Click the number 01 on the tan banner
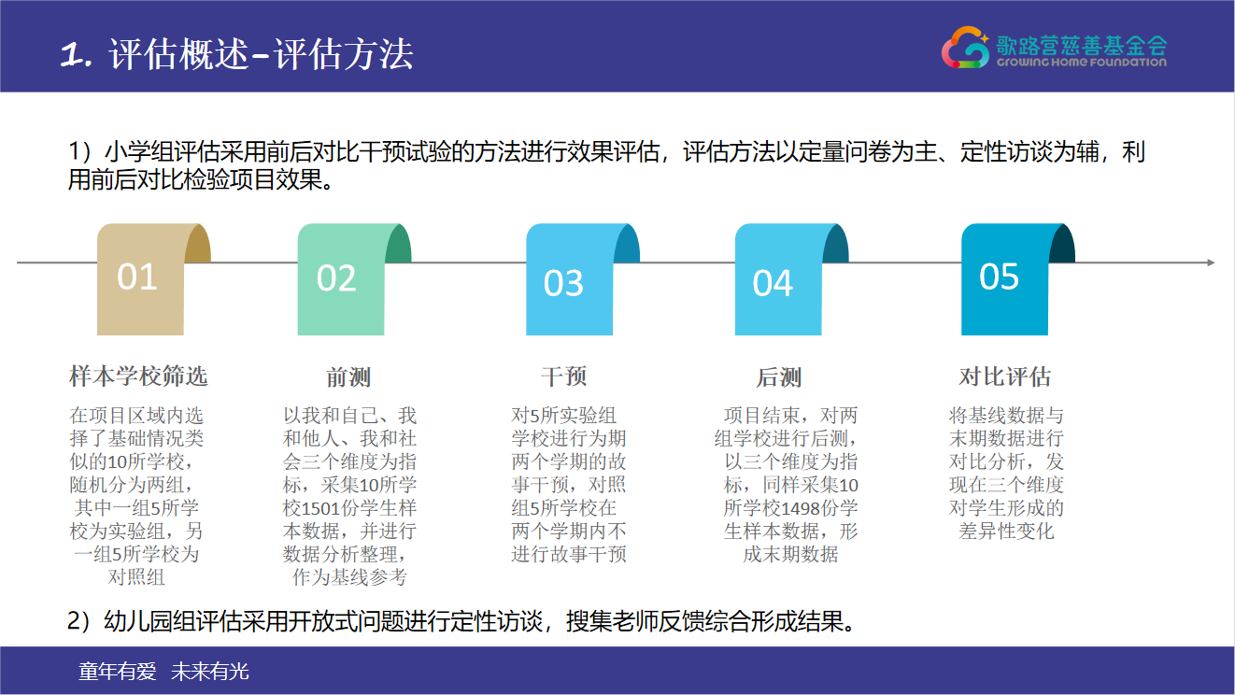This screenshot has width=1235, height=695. point(136,277)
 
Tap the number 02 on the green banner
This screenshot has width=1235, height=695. point(336,277)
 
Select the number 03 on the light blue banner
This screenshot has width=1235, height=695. point(563,283)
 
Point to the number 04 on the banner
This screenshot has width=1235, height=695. point(773,283)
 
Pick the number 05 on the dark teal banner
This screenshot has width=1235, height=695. point(999,277)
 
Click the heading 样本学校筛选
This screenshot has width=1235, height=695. point(138,376)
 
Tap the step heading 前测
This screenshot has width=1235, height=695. point(348,377)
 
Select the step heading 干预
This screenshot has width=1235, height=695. point(564,376)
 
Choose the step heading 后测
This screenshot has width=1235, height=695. point(778,377)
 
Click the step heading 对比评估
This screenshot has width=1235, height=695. point(1004,376)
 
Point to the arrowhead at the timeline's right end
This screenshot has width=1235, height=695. point(1211,262)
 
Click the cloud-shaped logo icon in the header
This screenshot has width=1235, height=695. point(965,48)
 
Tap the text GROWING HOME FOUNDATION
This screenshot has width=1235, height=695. point(1081,63)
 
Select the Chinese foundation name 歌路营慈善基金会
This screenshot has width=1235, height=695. point(1081,45)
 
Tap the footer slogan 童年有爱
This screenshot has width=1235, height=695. point(118,672)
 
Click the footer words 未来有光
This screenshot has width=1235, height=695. point(210,672)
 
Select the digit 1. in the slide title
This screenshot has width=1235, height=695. point(76,55)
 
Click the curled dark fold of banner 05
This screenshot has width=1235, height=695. point(1063,244)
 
